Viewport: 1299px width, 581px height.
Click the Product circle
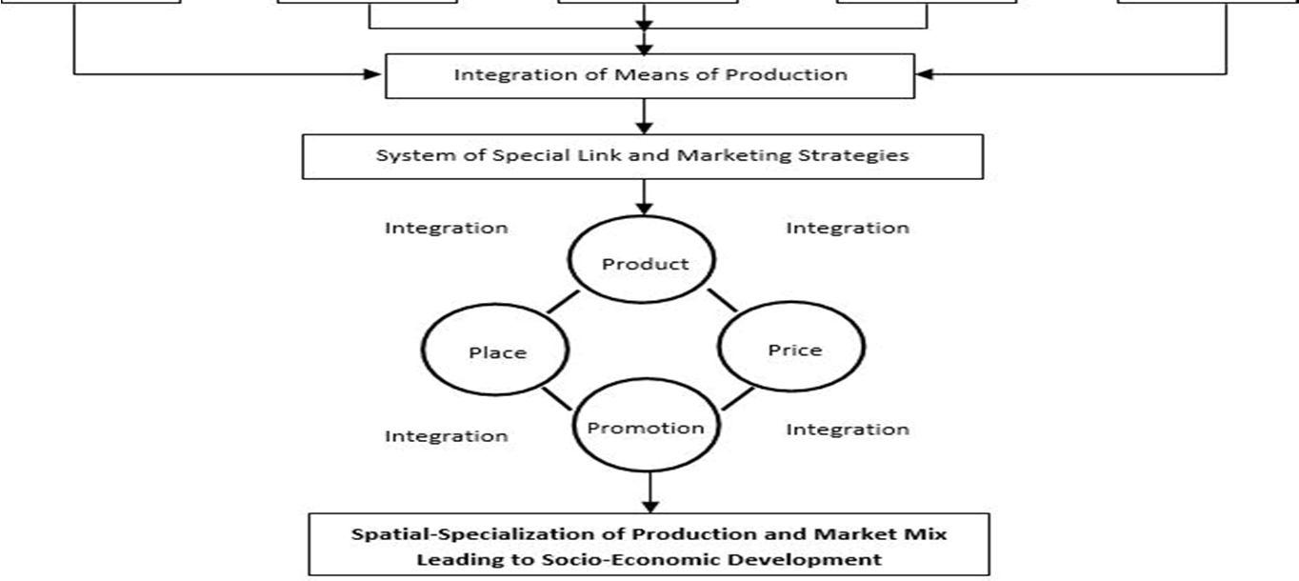pyautogui.click(x=645, y=264)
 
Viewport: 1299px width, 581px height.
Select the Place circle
pyautogui.click(x=497, y=352)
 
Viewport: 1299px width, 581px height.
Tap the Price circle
pyautogui.click(x=793, y=350)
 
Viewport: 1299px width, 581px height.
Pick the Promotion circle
pyautogui.click(x=645, y=428)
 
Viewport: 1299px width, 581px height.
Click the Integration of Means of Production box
pyautogui.click(x=649, y=74)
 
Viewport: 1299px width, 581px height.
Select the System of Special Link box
pyautogui.click(x=643, y=155)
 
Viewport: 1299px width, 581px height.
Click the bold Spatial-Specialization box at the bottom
pyautogui.click(x=649, y=545)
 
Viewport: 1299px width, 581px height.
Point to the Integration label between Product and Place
pyautogui.click(x=446, y=228)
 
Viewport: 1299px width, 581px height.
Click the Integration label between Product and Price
pyautogui.click(x=847, y=228)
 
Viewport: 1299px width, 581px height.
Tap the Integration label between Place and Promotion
pyautogui.click(x=446, y=436)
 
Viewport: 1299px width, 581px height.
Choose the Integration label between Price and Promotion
pyautogui.click(x=847, y=430)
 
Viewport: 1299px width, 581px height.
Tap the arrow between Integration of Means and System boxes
pyautogui.click(x=645, y=115)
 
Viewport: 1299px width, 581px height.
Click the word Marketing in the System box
pyautogui.click(x=716, y=155)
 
